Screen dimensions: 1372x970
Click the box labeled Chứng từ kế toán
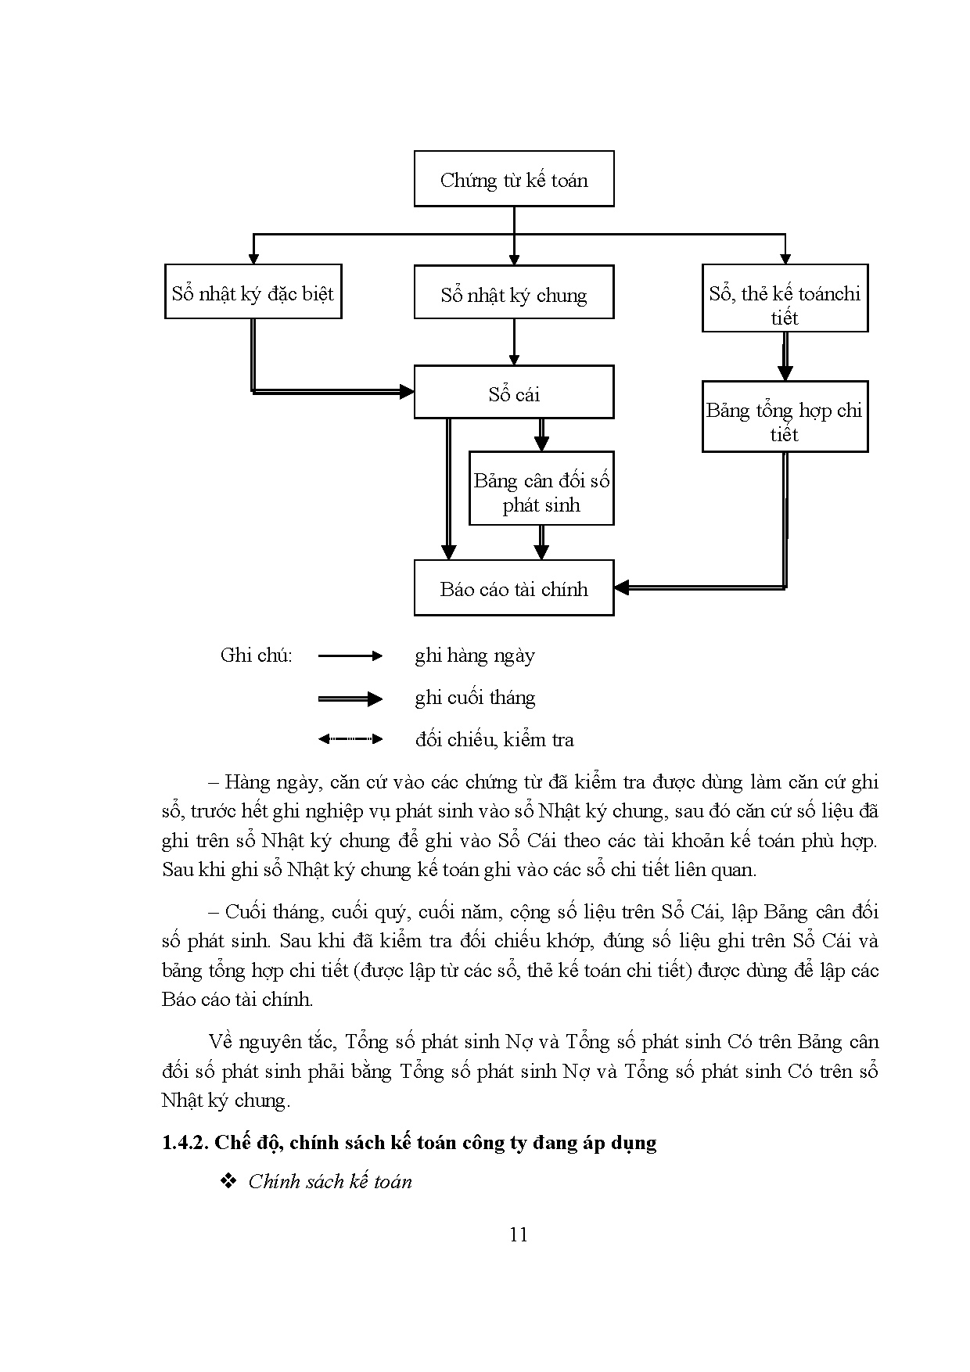click(513, 179)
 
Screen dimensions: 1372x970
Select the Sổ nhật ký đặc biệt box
click(253, 292)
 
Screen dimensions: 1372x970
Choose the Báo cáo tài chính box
click(513, 588)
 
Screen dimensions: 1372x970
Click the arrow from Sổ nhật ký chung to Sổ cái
click(514, 342)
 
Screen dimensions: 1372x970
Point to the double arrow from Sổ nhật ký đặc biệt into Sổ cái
click(329, 390)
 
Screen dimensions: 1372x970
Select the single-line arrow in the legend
click(350, 655)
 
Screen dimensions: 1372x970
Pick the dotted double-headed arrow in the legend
click(350, 738)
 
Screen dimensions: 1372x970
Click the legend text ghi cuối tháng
click(475, 698)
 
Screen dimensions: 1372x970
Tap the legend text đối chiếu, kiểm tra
click(494, 739)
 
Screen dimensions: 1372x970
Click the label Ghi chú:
click(256, 655)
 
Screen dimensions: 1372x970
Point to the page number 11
click(518, 1234)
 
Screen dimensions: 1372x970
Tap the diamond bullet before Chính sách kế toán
click(229, 1181)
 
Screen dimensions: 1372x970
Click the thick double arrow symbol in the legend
click(350, 699)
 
